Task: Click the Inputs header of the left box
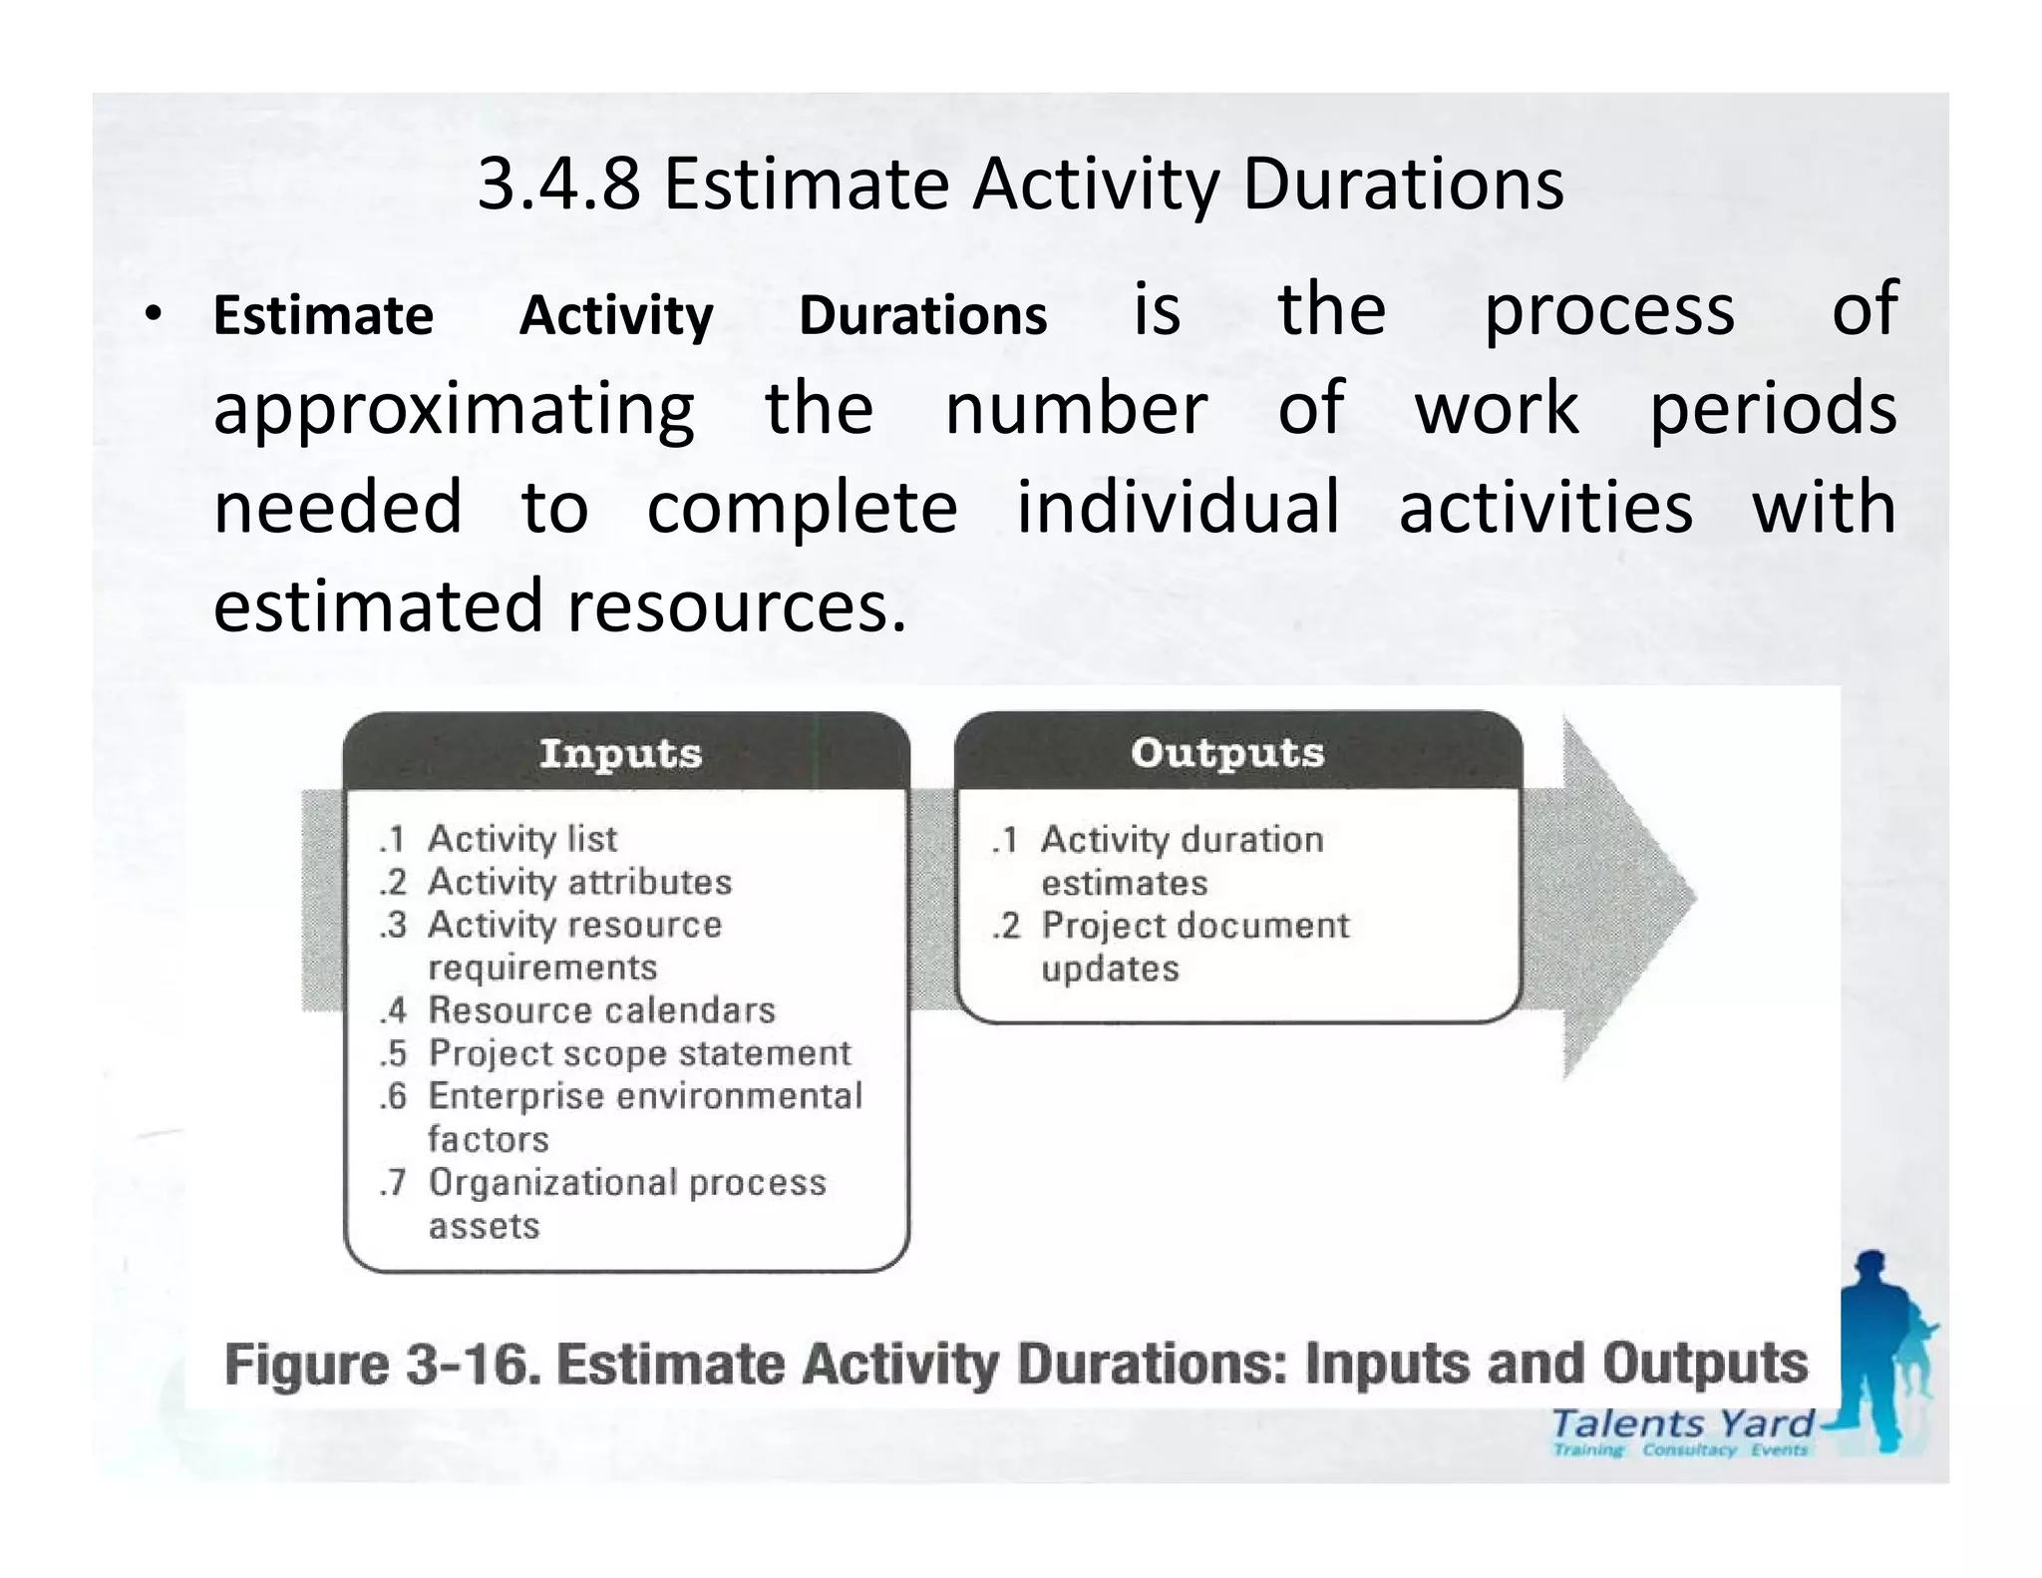click(620, 753)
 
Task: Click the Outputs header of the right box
click(1227, 753)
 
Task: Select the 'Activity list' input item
click(521, 839)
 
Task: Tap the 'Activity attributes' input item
click(579, 882)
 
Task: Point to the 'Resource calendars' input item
click(601, 1010)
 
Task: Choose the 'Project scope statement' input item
click(639, 1053)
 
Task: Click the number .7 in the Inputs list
click(393, 1183)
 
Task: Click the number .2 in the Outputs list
click(1006, 927)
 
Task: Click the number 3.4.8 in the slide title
click(558, 185)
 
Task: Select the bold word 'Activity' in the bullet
click(616, 316)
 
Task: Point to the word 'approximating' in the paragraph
click(454, 409)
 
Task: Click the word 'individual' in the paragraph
click(1178, 507)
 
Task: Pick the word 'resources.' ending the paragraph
click(738, 605)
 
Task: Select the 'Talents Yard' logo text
click(1682, 1424)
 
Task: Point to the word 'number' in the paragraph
click(1076, 409)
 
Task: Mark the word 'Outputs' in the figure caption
click(1705, 1364)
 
